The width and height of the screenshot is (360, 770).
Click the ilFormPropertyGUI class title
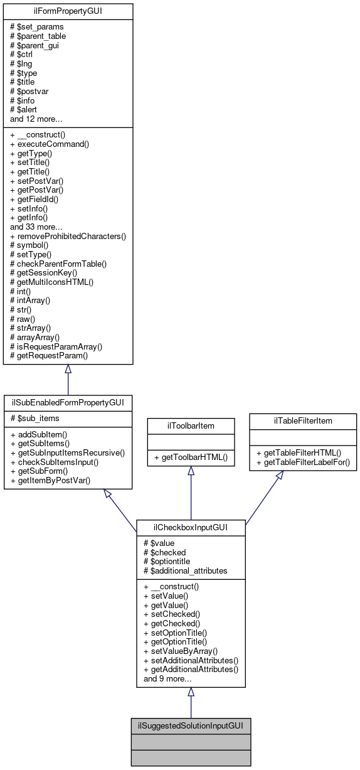pos(68,11)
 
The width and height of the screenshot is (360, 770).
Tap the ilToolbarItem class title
pos(191,424)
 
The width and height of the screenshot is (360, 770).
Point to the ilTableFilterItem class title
pos(303,420)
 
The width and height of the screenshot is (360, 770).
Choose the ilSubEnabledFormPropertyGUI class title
pos(68,401)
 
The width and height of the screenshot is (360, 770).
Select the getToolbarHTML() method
pos(191,459)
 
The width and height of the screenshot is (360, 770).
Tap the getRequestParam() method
pos(48,355)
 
